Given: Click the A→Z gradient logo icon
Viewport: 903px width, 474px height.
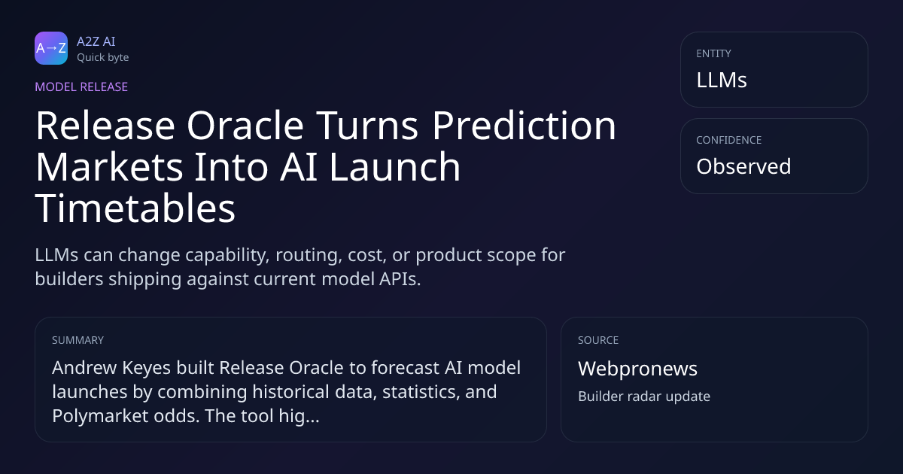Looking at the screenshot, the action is [x=51, y=48].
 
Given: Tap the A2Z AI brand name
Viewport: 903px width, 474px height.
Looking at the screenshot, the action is [x=96, y=41].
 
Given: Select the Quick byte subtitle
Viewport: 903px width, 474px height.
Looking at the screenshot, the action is [x=103, y=58].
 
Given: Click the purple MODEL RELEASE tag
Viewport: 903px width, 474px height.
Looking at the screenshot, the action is [x=81, y=87].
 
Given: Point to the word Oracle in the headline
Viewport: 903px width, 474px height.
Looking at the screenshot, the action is [x=245, y=126].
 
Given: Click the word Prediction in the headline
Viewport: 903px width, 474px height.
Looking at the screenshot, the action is [x=524, y=126].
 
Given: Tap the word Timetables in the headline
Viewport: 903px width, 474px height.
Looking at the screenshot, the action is [x=135, y=208].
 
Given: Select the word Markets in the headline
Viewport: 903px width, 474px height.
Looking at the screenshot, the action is [x=109, y=167].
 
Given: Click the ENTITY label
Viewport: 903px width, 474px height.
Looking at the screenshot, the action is [x=713, y=53].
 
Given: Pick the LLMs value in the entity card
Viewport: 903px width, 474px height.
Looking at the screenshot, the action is [x=722, y=80].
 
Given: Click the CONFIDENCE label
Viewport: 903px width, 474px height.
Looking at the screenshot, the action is [x=729, y=140].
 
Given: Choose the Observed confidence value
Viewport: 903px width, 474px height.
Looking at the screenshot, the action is [x=743, y=166].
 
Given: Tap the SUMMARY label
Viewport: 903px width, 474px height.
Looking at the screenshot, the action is [x=78, y=340].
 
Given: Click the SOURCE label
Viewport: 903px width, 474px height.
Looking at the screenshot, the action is [x=598, y=340].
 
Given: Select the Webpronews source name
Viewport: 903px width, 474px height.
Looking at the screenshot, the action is [x=638, y=369].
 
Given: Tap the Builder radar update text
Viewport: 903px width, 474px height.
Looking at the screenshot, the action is [x=644, y=397].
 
